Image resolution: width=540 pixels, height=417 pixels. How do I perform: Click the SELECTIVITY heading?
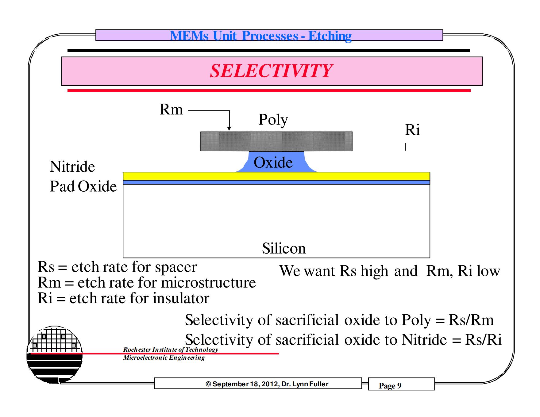coord(271,71)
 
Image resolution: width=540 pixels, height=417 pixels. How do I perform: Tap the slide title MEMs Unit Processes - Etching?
coord(261,36)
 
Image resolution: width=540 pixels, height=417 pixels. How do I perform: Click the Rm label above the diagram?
coord(171,109)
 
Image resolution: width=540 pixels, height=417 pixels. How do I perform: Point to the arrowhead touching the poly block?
coord(229,129)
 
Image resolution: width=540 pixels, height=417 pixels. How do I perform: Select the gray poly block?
coord(276,141)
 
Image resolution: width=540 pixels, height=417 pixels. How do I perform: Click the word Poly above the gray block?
coord(273,120)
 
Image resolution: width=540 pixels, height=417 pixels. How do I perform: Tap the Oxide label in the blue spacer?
coord(273,163)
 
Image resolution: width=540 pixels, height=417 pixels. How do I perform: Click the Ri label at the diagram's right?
coord(412,130)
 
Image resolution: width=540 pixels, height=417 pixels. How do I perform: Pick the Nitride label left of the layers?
coord(72,167)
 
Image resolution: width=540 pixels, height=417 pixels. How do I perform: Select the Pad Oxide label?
coord(83,186)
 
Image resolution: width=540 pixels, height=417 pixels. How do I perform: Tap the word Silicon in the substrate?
coord(284,248)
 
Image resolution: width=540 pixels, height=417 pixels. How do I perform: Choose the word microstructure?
coord(208,283)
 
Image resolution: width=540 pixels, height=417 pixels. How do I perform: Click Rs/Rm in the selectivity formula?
coord(471,320)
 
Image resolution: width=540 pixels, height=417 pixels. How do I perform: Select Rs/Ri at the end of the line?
coord(483,340)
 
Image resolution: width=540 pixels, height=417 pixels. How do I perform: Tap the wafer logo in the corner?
coord(55,354)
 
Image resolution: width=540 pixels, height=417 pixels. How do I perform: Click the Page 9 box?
coord(401,384)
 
